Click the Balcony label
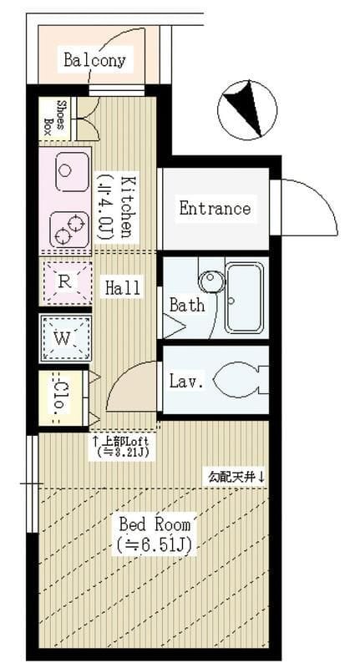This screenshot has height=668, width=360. coord(94,60)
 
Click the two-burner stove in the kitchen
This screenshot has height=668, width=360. coord(69,230)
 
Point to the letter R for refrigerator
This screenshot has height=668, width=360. coord(64,281)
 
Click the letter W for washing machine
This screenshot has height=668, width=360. coord(63,340)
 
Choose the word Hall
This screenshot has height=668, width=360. coord(123,287)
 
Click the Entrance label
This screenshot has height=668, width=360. coord(215,209)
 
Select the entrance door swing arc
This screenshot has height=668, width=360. coord(324,196)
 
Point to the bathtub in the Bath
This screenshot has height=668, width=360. coord(244,298)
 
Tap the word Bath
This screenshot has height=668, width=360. coord(186,305)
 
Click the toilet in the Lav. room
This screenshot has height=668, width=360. coord(241,380)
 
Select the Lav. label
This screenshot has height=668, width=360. coord(186,381)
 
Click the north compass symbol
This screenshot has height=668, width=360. coord(247,109)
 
